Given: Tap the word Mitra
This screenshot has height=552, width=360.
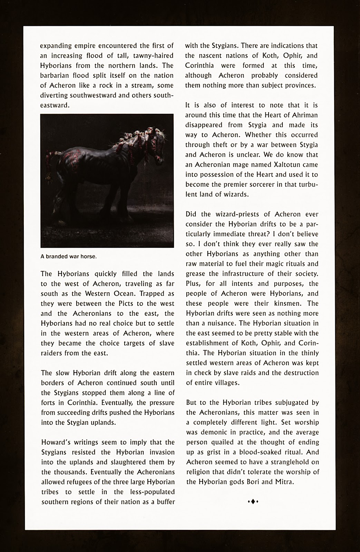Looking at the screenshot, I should click(284, 482).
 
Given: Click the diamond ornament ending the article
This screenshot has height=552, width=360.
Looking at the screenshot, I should click(253, 501).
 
